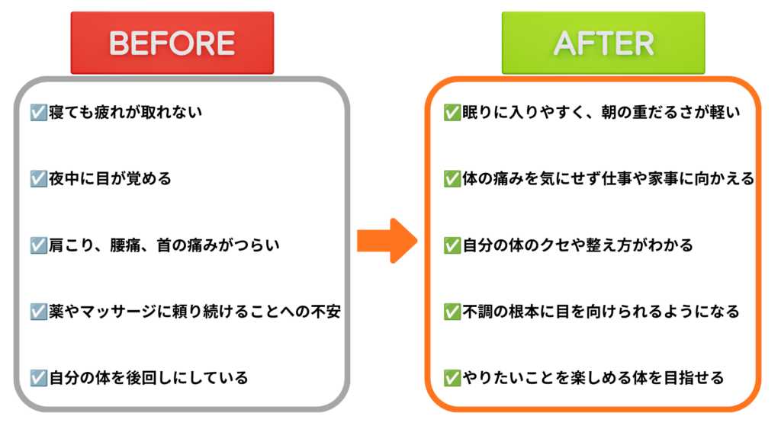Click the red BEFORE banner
[172, 43]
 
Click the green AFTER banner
[603, 43]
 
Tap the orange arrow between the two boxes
[387, 241]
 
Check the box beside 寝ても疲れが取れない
[38, 113]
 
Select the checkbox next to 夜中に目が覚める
[38, 178]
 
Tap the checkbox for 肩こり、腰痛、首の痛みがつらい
[38, 245]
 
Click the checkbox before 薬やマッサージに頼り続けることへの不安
[38, 312]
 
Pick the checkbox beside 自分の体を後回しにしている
[38, 378]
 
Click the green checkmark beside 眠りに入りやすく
[452, 113]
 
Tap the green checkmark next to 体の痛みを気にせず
[452, 178]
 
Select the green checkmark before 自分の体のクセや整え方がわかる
[452, 245]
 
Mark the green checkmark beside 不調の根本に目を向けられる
[452, 312]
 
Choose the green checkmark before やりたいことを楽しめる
[452, 378]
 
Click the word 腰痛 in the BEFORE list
[126, 245]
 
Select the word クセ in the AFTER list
[541, 245]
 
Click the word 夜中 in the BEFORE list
[64, 178]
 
